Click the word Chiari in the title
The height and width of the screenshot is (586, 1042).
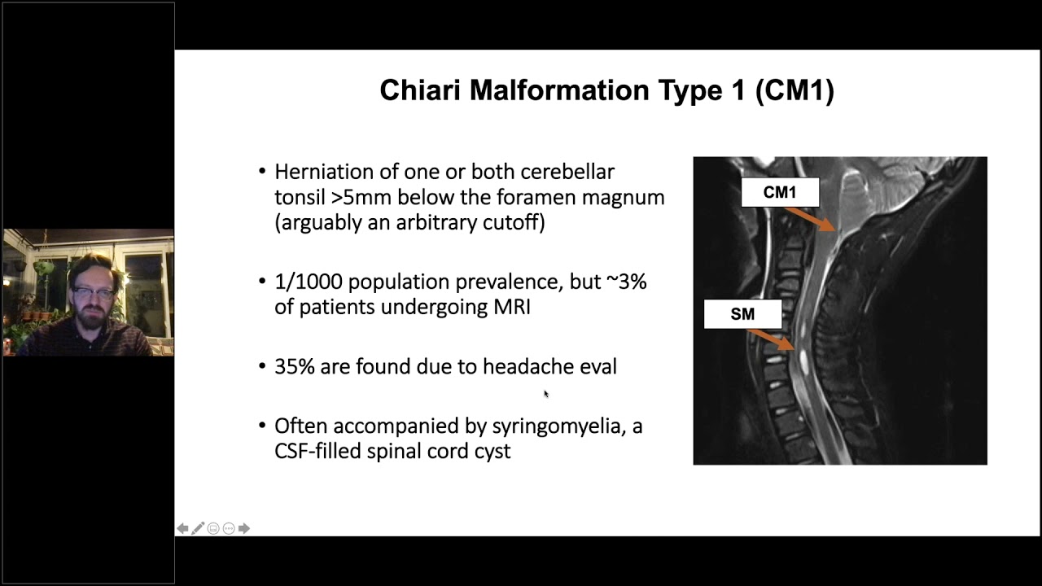(420, 90)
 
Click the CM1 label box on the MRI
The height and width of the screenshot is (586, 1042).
(779, 193)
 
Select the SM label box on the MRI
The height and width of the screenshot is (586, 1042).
(742, 314)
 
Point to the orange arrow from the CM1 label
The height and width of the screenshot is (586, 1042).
(810, 218)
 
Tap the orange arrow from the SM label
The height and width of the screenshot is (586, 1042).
(770, 340)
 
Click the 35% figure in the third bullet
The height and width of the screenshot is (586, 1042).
(294, 367)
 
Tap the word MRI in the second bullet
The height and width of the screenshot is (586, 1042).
(511, 308)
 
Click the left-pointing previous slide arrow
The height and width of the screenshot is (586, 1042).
(183, 528)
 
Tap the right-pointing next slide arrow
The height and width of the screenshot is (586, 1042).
(243, 528)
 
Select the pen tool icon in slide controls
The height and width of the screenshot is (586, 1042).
(198, 528)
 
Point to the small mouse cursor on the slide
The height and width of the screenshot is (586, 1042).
(545, 394)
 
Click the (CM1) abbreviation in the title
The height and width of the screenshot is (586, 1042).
(794, 90)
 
